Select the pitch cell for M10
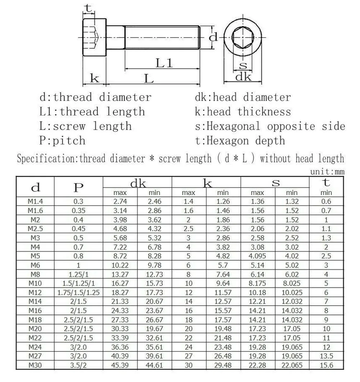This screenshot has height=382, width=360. click(78, 283)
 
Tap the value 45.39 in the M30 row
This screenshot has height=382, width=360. click(120, 365)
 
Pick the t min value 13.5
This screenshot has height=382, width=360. click(326, 356)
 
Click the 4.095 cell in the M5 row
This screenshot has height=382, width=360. click(257, 256)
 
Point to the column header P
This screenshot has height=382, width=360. click(78, 187)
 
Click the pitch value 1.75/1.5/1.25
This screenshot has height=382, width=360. click(78, 292)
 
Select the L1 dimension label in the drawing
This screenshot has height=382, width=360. click(164, 63)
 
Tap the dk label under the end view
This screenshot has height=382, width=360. click(243, 77)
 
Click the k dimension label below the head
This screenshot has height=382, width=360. click(94, 78)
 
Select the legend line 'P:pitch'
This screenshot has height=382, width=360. click(62, 140)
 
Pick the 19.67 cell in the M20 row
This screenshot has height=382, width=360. click(155, 329)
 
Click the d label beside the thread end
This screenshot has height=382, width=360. click(214, 37)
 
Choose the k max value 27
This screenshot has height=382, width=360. click(188, 356)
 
